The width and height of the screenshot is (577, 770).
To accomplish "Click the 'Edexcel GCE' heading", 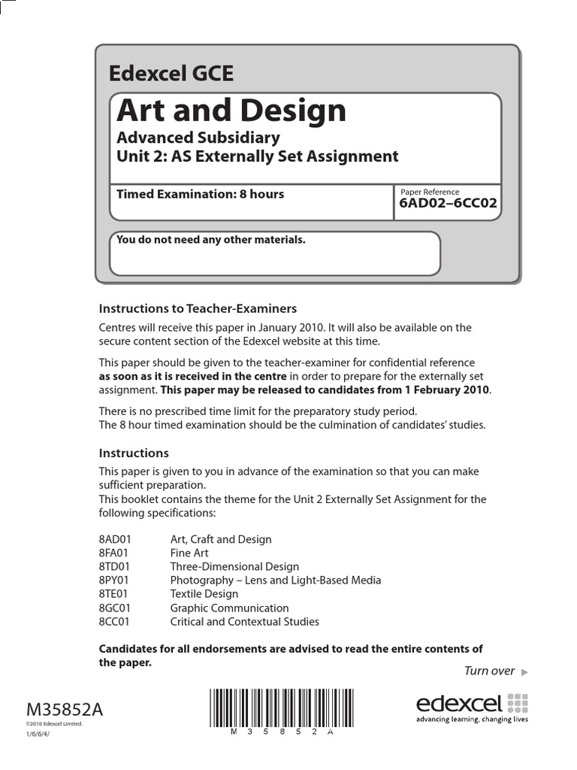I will coord(171,74).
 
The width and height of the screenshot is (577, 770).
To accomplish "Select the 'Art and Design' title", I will coord(231,111).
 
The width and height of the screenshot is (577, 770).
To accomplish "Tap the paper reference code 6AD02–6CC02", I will coord(448,203).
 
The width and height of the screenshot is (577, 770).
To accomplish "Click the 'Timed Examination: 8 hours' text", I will coord(200,194).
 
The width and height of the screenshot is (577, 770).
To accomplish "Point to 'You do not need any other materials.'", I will coord(210,240).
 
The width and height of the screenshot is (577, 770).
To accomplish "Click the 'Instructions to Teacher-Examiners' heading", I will coord(198,308).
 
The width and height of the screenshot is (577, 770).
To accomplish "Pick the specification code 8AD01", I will coord(115,539).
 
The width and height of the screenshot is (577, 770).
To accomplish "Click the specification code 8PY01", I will coord(115,581).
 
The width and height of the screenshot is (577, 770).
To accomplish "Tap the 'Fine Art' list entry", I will coord(189,553).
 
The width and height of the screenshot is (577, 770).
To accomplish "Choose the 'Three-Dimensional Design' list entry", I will coord(234,567).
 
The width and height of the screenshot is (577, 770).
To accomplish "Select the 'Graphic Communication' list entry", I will coord(229,608).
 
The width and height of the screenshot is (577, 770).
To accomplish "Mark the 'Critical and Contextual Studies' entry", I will coord(244,622).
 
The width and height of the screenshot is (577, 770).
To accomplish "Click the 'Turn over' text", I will coord(489,671).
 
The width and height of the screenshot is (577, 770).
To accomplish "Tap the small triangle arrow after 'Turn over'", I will coord(524,671).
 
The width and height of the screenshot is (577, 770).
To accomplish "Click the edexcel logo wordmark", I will coord(459,704).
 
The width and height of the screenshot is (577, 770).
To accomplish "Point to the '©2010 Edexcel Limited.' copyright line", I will coord(54,724).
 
